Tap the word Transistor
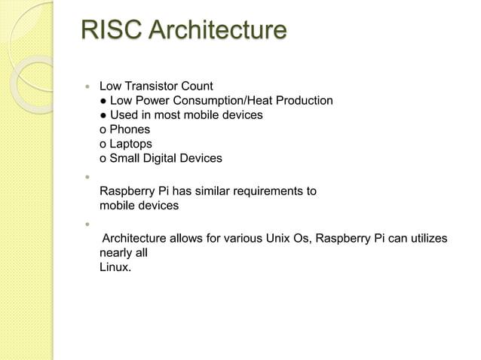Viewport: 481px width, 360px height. click(x=153, y=86)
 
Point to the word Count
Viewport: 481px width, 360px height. click(x=197, y=86)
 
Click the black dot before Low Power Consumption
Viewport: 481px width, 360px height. click(x=103, y=101)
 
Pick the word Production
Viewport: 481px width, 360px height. click(x=305, y=100)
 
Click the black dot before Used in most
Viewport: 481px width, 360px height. click(x=103, y=115)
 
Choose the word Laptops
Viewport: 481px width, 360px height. click(x=130, y=144)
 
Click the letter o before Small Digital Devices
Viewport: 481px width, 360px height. click(x=103, y=159)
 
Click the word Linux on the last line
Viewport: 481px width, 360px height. click(x=115, y=267)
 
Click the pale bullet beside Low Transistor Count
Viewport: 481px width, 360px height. click(x=87, y=87)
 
